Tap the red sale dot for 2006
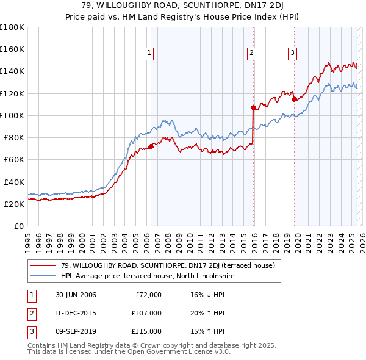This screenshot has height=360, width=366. click(x=151, y=146)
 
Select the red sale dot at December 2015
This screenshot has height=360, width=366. click(x=253, y=107)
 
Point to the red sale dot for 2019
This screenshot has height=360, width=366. click(x=294, y=99)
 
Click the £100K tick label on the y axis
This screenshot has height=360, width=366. click(x=12, y=115)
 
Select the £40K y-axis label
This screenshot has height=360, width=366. click(x=14, y=182)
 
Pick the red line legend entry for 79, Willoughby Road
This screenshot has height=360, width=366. click(x=168, y=265)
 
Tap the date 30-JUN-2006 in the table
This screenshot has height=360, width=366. click(x=76, y=295)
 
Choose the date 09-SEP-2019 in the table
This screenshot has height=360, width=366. click(x=76, y=331)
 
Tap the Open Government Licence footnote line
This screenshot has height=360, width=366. click(x=129, y=353)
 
